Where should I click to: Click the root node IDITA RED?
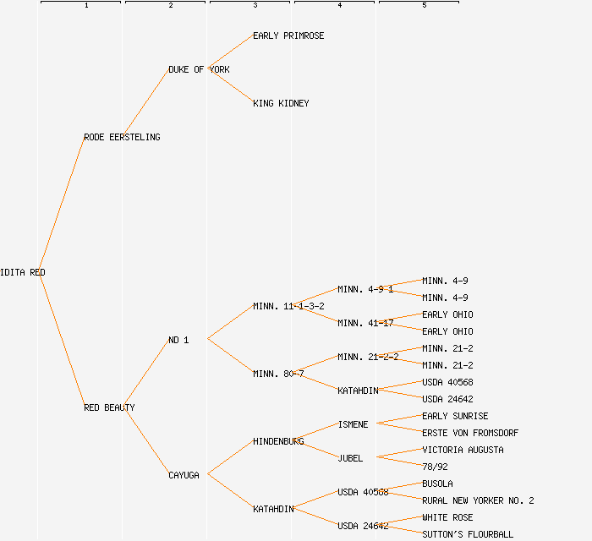click(23, 272)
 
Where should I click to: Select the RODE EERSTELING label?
click(122, 137)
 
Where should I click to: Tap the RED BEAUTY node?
click(109, 407)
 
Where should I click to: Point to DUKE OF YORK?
click(199, 69)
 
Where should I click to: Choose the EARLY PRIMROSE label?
click(288, 36)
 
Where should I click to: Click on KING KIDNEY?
click(281, 103)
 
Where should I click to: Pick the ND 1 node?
click(178, 340)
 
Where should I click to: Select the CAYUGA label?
click(184, 475)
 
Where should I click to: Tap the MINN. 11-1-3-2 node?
click(288, 306)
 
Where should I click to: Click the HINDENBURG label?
click(278, 441)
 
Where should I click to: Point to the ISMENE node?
click(353, 424)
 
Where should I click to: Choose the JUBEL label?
click(350, 458)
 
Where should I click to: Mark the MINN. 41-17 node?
click(365, 323)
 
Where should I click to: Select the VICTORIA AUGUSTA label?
click(463, 450)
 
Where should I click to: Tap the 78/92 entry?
click(435, 467)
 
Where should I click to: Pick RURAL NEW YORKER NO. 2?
click(478, 500)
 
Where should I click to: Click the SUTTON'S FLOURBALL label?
click(468, 534)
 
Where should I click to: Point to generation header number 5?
click(425, 6)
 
